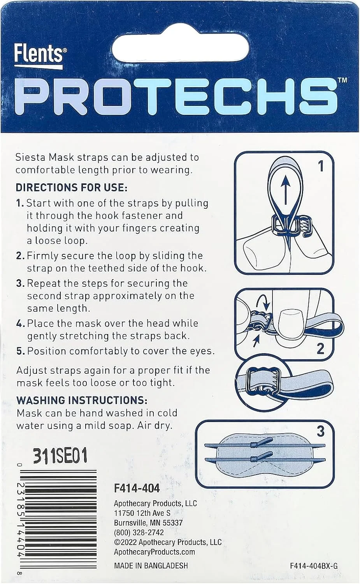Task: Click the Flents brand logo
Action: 38,56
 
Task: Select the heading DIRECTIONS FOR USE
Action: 72,188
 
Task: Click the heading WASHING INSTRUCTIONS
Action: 82,400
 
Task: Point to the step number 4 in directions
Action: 20,324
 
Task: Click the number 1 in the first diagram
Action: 321,166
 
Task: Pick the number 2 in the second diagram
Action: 320,348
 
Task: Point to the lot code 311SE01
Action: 60,456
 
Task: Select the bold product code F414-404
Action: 137,488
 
